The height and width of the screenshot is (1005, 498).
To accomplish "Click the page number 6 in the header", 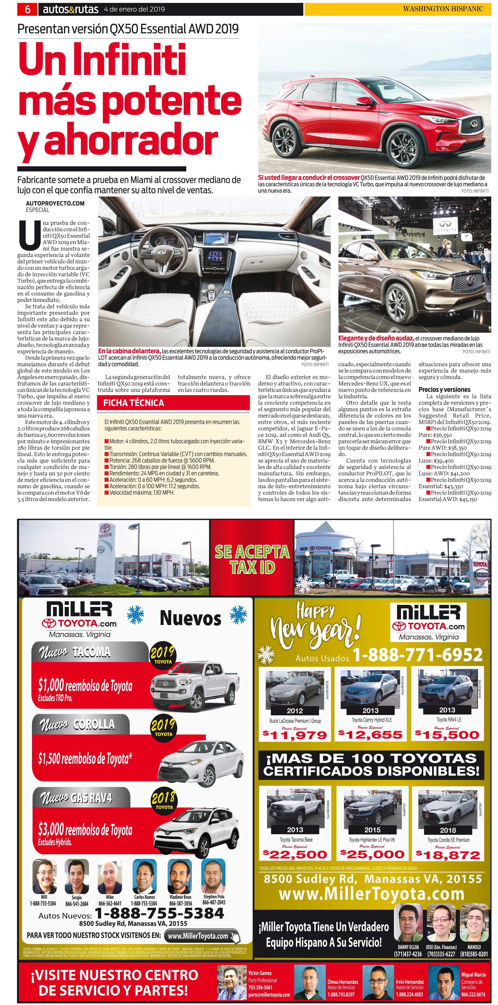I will pos(27,9).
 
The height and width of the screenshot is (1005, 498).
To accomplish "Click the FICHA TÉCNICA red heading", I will pos(134,403).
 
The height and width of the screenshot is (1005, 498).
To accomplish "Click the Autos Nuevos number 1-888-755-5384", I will pos(159,913).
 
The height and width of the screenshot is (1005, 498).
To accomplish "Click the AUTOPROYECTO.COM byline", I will pos(55,203).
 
